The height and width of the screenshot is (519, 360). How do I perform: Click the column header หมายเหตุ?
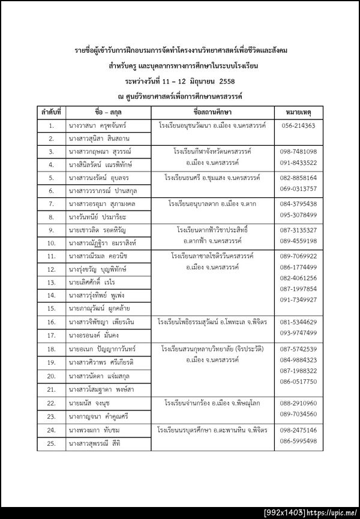pyautogui.click(x=298, y=112)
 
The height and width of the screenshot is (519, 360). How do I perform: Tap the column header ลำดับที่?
pyautogui.click(x=52, y=112)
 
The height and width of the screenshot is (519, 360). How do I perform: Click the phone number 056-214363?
pyautogui.click(x=298, y=125)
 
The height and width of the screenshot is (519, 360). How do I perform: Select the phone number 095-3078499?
pyautogui.click(x=298, y=215)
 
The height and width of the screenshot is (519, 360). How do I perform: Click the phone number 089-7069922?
pyautogui.click(x=298, y=256)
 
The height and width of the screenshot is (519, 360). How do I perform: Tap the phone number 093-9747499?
pyautogui.click(x=298, y=333)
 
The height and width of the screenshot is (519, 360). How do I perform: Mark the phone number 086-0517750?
pyautogui.click(x=298, y=382)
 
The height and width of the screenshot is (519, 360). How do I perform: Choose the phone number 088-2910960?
pyautogui.click(x=298, y=403)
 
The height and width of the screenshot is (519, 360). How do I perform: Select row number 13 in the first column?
pyautogui.click(x=52, y=282)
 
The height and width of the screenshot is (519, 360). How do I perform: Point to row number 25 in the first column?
pyautogui.click(x=52, y=443)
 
